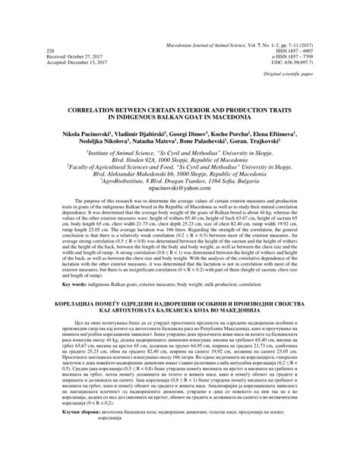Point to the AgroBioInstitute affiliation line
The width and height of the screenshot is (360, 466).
(179, 179)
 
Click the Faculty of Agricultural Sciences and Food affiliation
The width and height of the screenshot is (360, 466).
(179, 165)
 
